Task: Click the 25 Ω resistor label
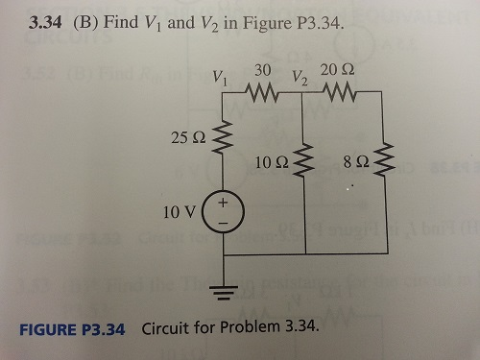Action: coord(186,139)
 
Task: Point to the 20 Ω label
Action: coord(339,69)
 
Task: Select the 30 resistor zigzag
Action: coord(263,92)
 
